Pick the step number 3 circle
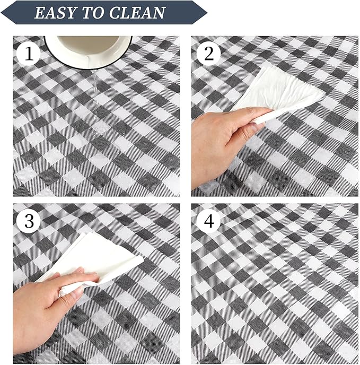pyautogui.click(x=30, y=221)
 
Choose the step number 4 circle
pyautogui.click(x=208, y=221)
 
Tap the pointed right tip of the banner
pyautogui.click(x=206, y=12)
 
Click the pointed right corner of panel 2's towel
pyautogui.click(x=323, y=96)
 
